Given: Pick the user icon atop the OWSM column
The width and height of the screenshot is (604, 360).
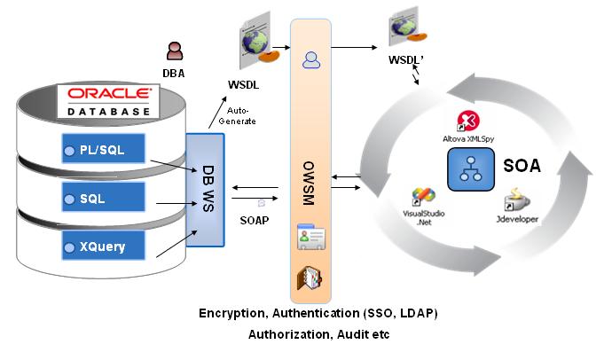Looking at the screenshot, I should click(x=311, y=60).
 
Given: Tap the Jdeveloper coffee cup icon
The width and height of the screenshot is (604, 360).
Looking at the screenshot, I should click(x=514, y=198).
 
